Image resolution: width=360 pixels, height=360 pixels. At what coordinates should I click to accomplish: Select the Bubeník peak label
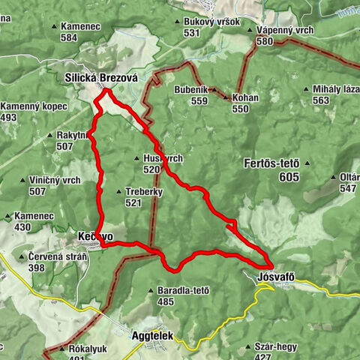190,90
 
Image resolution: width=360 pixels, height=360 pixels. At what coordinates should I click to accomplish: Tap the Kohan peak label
245,98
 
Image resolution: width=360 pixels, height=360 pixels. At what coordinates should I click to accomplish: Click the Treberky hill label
144,192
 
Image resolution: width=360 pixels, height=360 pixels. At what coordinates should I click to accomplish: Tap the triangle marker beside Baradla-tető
152,290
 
